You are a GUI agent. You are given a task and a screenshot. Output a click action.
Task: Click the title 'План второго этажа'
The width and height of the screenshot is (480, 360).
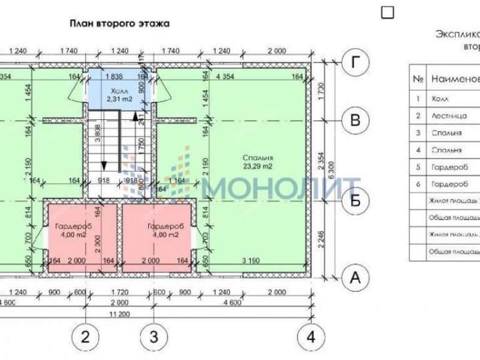(x=120, y=24)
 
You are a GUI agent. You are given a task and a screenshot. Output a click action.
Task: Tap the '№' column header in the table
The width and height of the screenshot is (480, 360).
(x=418, y=79)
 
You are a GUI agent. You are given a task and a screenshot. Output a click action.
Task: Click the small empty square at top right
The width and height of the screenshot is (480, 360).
(x=388, y=12)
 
